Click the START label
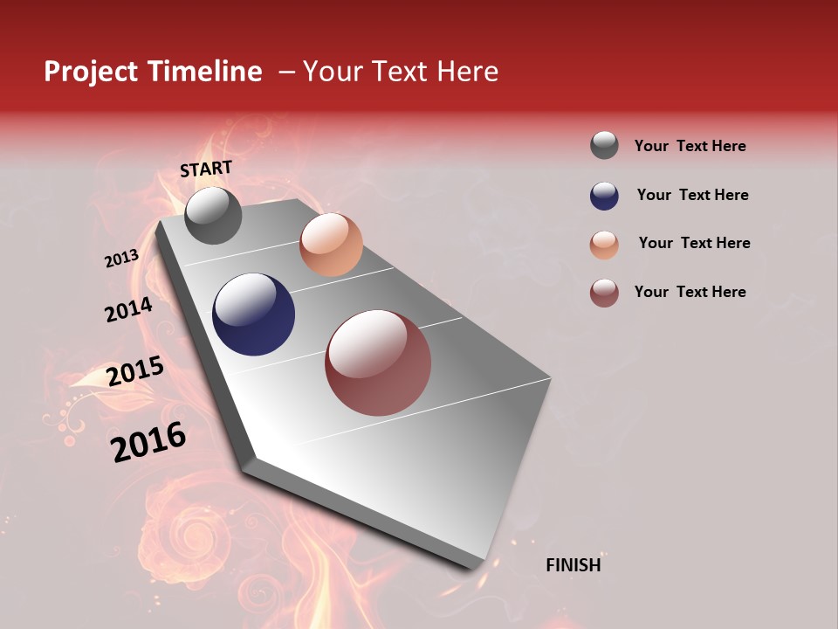206,169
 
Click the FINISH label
573,565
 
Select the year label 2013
121,259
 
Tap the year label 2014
128,310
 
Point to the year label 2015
135,371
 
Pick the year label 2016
148,442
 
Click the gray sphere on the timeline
213,215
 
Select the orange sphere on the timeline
331,245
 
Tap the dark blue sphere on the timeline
254,314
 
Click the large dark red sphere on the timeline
378,363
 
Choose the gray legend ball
604,145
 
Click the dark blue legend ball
604,196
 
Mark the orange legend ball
604,245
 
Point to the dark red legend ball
604,293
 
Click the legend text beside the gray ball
690,146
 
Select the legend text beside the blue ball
692,195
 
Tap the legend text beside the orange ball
694,243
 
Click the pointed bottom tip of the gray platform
476,566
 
